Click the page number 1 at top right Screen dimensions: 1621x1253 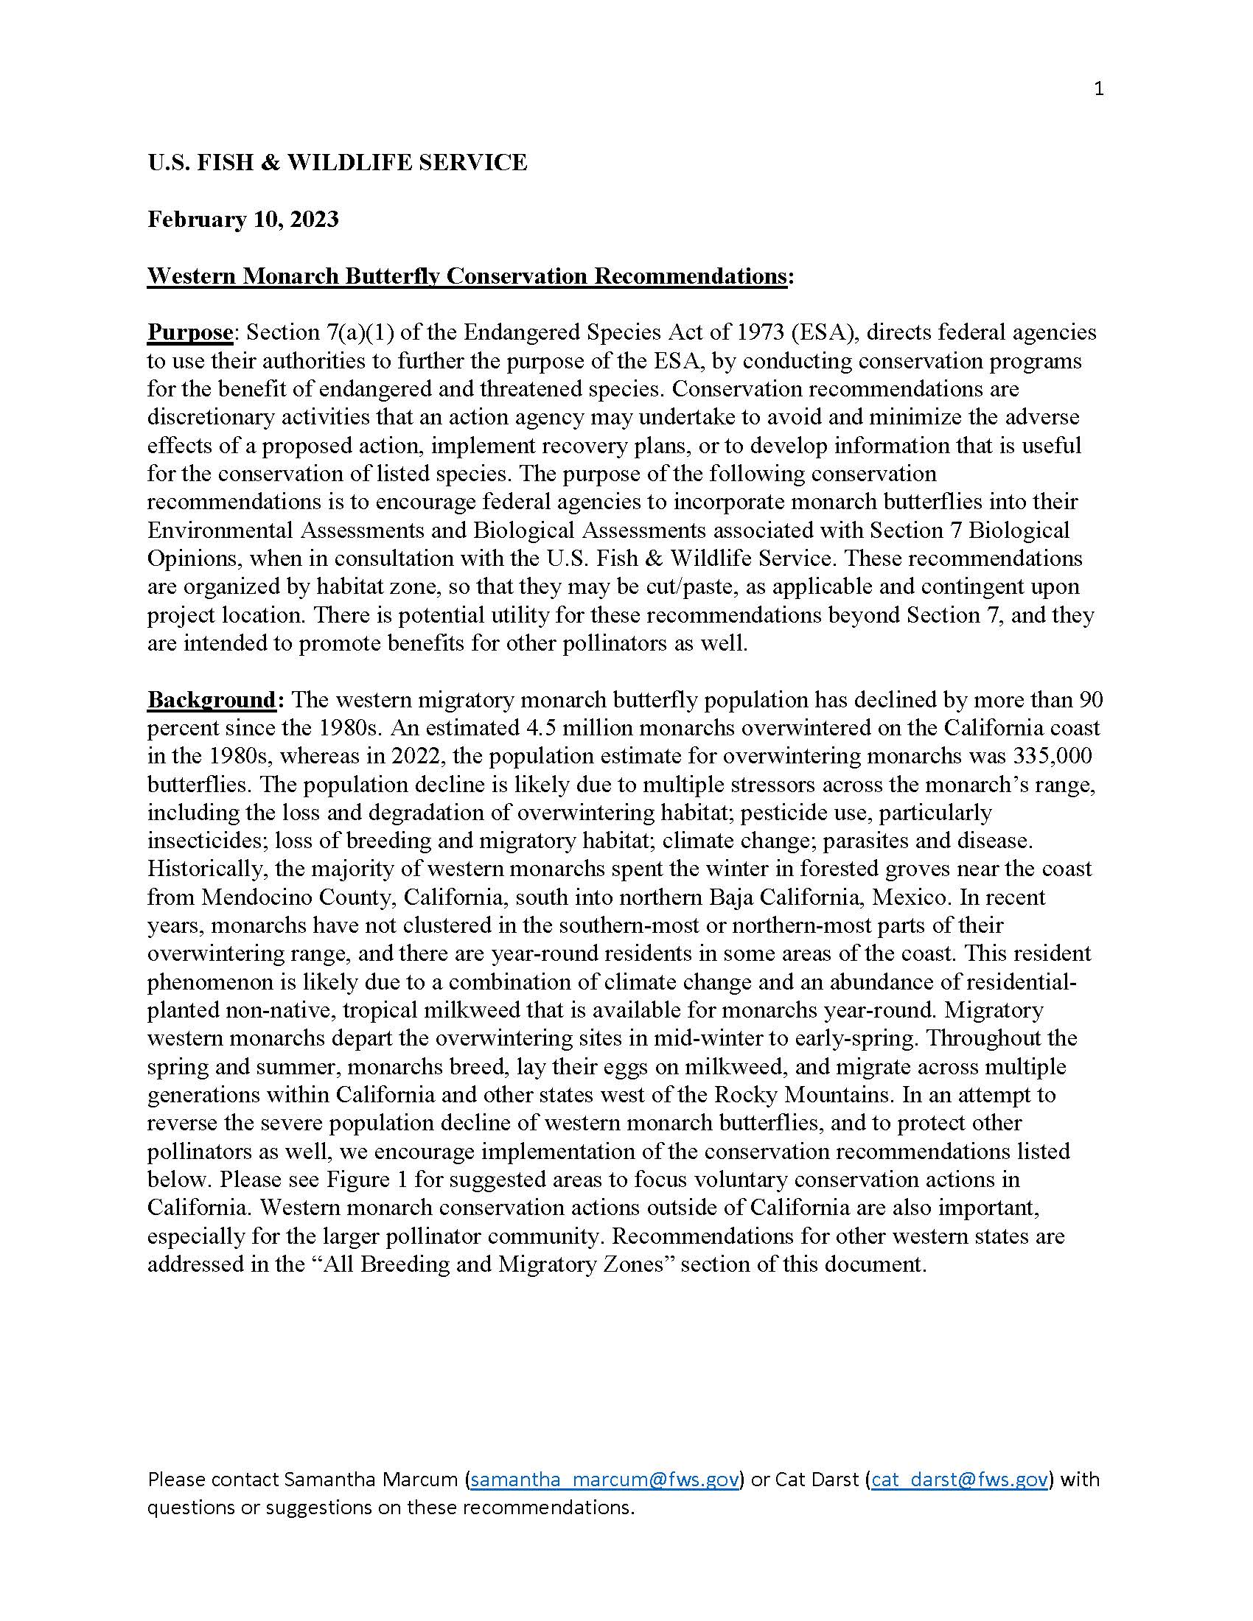point(1099,90)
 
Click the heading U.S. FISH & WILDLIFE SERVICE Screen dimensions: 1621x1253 point(337,163)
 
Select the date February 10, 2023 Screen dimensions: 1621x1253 point(242,220)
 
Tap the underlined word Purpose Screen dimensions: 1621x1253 point(190,332)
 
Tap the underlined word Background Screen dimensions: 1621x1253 point(212,699)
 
